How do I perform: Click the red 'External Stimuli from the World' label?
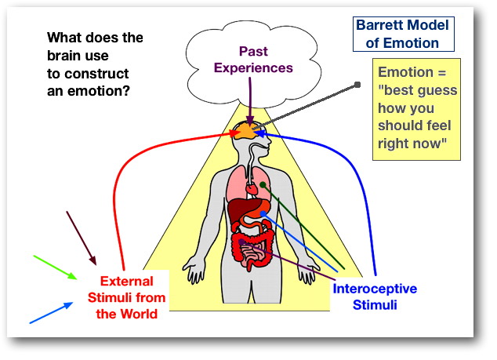pos(126,297)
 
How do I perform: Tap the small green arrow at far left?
pos(56,266)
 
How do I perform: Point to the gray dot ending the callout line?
pos(357,85)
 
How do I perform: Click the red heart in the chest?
pos(251,188)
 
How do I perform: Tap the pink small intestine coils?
pos(252,252)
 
